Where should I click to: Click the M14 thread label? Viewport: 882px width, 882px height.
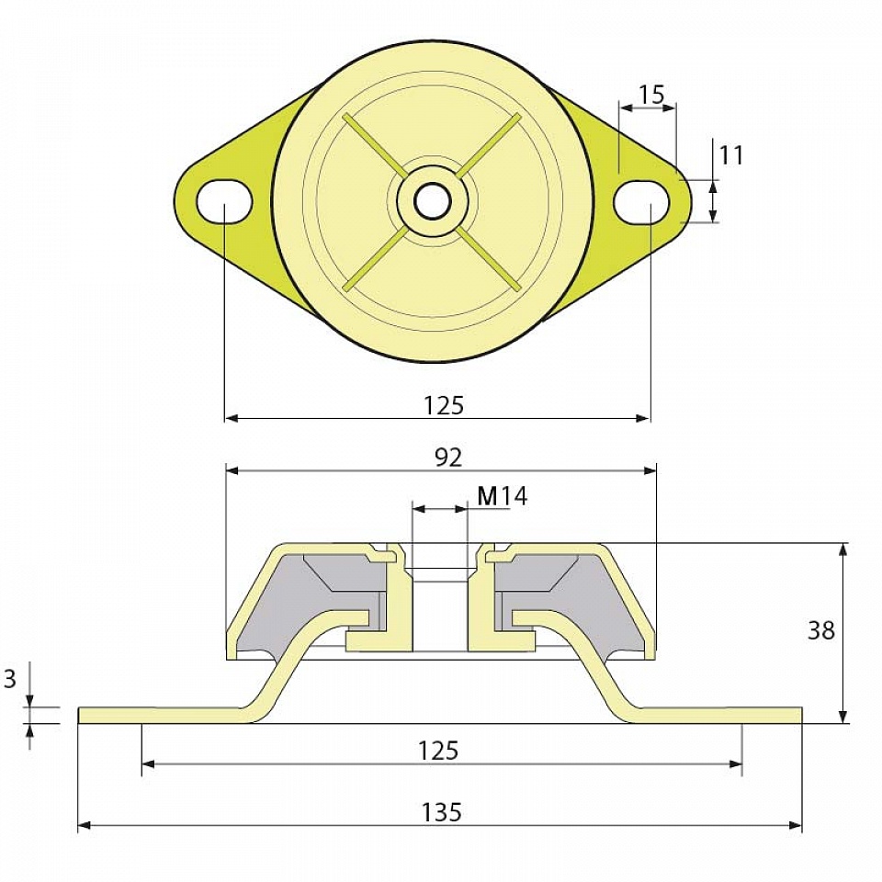click(503, 496)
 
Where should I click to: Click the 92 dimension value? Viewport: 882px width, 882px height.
click(448, 458)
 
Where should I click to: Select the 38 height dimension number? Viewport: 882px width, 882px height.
click(820, 630)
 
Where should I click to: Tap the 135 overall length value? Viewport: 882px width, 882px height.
click(442, 812)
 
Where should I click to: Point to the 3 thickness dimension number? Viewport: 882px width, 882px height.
click(10, 680)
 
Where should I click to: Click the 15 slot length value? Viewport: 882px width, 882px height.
click(651, 95)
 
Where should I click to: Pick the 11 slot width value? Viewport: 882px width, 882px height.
click(731, 155)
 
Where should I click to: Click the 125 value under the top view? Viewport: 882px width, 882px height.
click(444, 405)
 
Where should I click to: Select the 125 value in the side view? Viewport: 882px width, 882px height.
click(439, 751)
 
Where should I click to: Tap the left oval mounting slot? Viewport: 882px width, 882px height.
click(224, 201)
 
